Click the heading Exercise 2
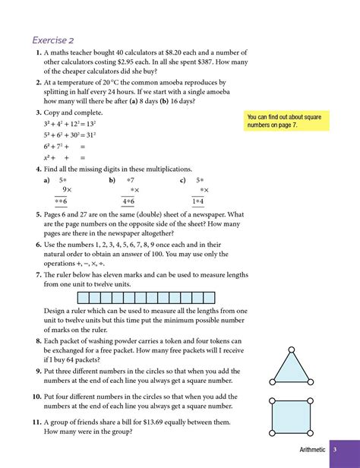pos(53,40)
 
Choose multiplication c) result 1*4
pos(198,202)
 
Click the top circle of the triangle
pos(291,350)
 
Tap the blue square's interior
pos(291,416)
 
